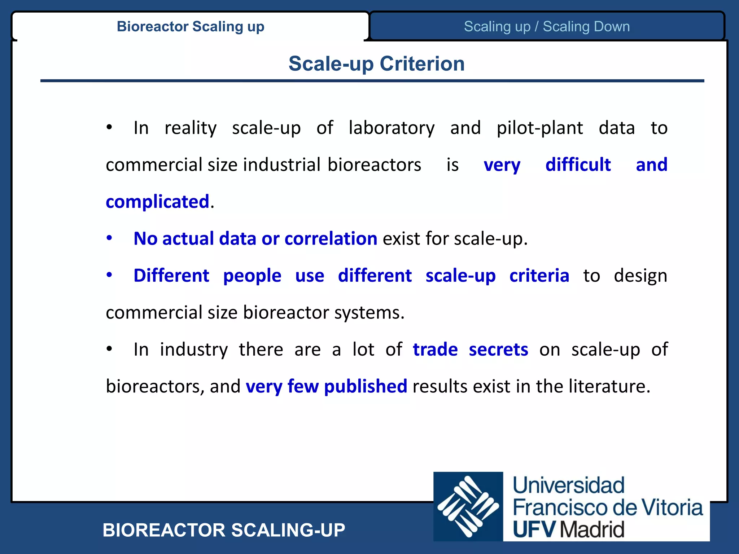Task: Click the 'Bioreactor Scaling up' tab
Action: [x=191, y=26]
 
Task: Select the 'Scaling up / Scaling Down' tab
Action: [x=547, y=26]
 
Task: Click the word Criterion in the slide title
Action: [x=422, y=64]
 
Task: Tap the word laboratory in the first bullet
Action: [x=392, y=128]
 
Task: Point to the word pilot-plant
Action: [x=539, y=128]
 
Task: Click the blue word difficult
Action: [x=578, y=165]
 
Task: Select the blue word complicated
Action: [x=157, y=202]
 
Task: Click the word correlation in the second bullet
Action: [x=331, y=239]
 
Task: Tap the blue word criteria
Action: [x=539, y=276]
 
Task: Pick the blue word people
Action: [x=252, y=276]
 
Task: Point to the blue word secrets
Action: [x=498, y=349]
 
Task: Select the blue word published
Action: [x=365, y=387]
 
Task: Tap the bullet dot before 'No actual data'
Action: [x=109, y=238]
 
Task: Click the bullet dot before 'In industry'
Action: [x=109, y=349]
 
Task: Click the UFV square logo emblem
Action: [x=468, y=506]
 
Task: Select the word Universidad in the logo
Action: [x=568, y=485]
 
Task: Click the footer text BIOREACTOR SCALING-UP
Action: [x=224, y=530]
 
